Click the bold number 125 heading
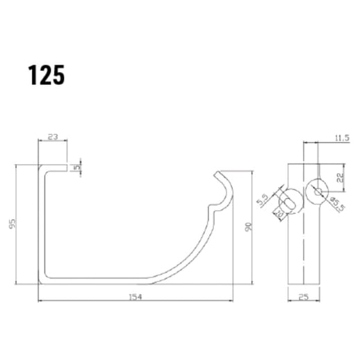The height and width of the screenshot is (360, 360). tap(47, 75)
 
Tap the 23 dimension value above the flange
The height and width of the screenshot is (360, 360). tap(52, 138)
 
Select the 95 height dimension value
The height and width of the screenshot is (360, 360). tap(13, 224)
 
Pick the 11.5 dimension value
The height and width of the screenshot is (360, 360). tap(341, 138)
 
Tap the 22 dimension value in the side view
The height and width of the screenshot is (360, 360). tap(340, 178)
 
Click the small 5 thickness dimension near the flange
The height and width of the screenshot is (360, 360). tap(80, 167)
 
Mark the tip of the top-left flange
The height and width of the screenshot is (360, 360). tap(67, 167)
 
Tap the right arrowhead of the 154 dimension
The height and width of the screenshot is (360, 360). tap(232, 300)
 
